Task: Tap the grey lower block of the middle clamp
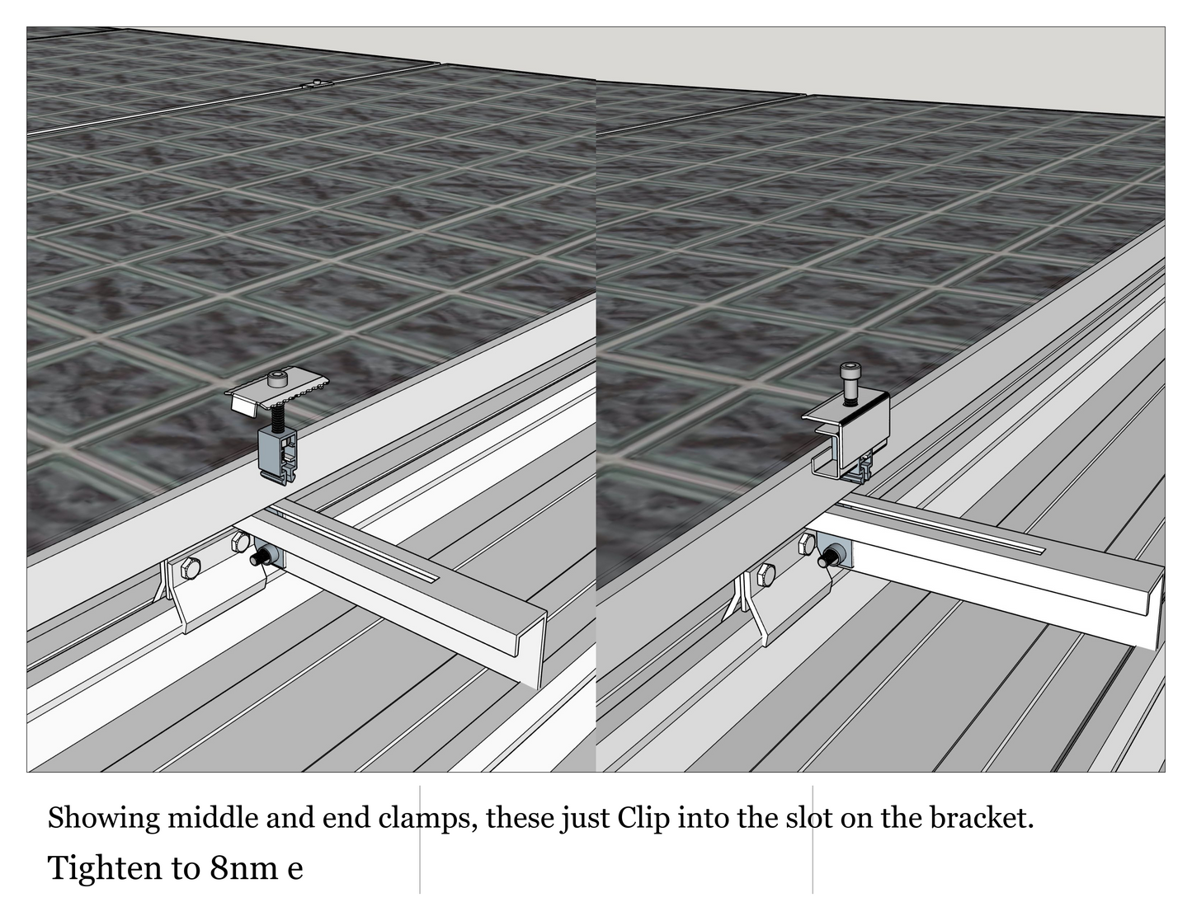pyautogui.click(x=277, y=454)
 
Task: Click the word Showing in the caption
pyautogui.click(x=104, y=819)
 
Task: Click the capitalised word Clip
pyautogui.click(x=643, y=819)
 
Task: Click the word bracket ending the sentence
pyautogui.click(x=982, y=817)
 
